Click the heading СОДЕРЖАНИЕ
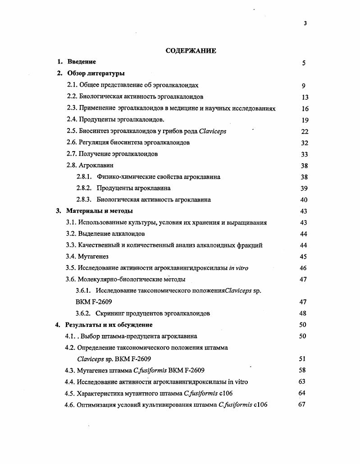pyautogui.click(x=191, y=51)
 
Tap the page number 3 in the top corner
pyautogui.click(x=305, y=23)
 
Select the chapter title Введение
pyautogui.click(x=82, y=62)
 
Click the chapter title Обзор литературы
pyautogui.click(x=96, y=73)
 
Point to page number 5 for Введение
pyautogui.click(x=304, y=63)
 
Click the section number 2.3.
pyautogui.click(x=72, y=108)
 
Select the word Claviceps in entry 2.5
pyautogui.click(x=212, y=131)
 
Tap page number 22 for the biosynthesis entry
pyautogui.click(x=304, y=131)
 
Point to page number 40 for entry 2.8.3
pyautogui.click(x=304, y=200)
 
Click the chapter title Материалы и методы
pyautogui.click(x=100, y=211)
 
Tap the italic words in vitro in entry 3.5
pyautogui.click(x=238, y=268)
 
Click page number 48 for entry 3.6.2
pyautogui.click(x=303, y=313)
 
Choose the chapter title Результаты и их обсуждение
pyautogui.click(x=109, y=325)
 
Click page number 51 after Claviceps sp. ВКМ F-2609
pyautogui.click(x=302, y=359)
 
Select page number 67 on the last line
pyautogui.click(x=302, y=404)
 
